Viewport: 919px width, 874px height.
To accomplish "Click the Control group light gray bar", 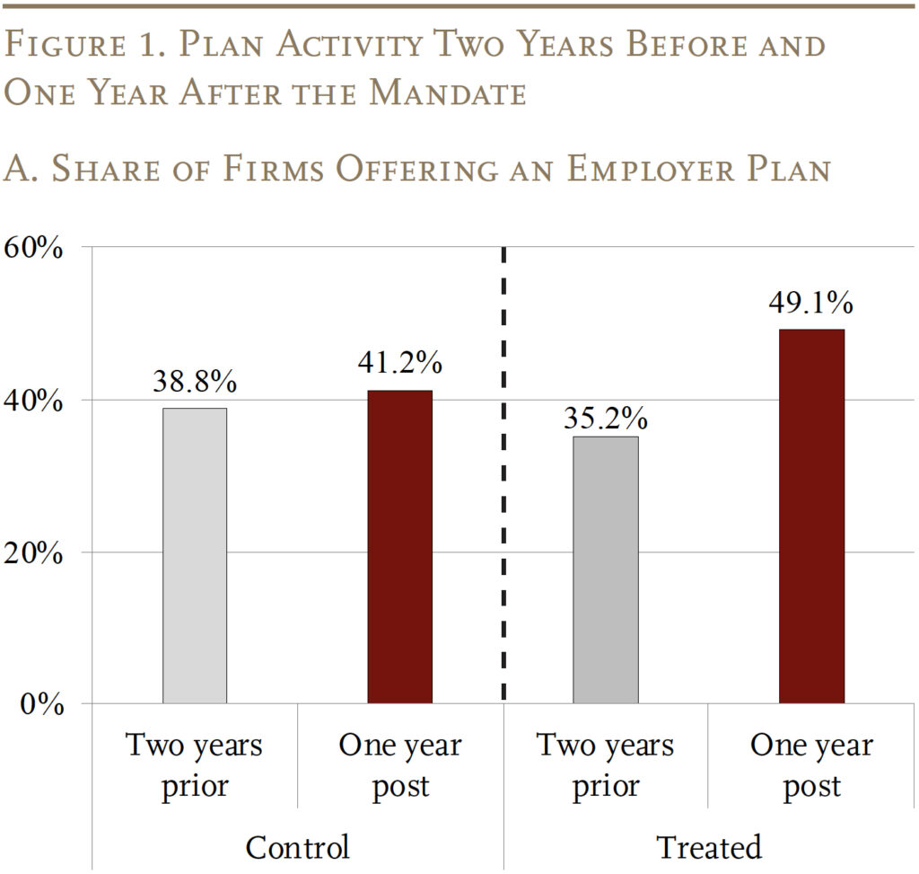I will click(x=195, y=555).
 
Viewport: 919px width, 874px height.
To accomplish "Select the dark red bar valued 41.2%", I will click(x=399, y=546).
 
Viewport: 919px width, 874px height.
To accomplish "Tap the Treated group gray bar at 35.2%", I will click(x=606, y=569).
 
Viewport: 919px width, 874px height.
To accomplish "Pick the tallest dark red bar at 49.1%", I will click(x=811, y=516).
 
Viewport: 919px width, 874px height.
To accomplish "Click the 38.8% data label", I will click(x=195, y=382).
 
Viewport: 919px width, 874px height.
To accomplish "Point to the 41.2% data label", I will click(x=400, y=363).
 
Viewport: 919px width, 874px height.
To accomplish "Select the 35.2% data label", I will click(x=606, y=418).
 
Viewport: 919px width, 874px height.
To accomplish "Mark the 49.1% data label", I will click(x=811, y=303).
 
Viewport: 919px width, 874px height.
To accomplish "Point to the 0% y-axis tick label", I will click(x=43, y=704).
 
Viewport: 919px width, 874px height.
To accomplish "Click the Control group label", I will click(x=297, y=847).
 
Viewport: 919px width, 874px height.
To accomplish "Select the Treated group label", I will click(x=708, y=847).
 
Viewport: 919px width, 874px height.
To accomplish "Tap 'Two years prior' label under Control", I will click(x=195, y=765).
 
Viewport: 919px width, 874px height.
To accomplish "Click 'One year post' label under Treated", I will click(x=811, y=765).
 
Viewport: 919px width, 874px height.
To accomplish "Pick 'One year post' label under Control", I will click(x=400, y=765).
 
